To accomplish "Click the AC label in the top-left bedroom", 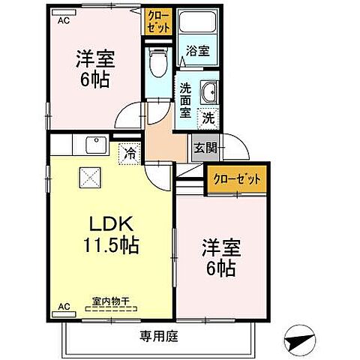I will coord(64,21).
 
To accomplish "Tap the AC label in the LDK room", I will coord(64,307).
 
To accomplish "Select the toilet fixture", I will coord(157,64).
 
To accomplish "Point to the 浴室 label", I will coord(197,52).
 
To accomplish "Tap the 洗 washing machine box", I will coord(208,118).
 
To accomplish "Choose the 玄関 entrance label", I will coord(205,147).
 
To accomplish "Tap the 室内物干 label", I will coord(110,301).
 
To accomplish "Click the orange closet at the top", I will coord(157,19).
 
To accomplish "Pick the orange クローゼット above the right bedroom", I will coord(236,180).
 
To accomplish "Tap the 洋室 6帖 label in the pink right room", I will coord(221,255).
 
